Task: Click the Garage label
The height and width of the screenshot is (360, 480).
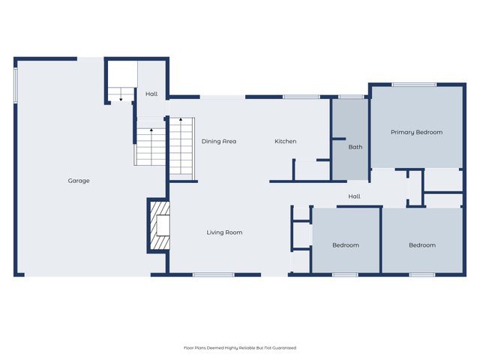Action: tap(79, 181)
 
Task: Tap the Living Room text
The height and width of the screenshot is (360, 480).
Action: tap(224, 232)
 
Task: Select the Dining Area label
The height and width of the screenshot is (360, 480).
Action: tap(219, 141)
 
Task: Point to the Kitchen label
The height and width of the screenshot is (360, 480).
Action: tap(285, 141)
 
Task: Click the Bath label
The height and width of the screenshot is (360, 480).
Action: tap(355, 147)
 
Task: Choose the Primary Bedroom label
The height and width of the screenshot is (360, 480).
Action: tap(416, 132)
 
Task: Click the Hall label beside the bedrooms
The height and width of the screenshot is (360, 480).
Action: tap(354, 196)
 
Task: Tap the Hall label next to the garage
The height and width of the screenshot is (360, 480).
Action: tap(151, 94)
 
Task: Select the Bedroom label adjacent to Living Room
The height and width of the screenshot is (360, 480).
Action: tap(346, 245)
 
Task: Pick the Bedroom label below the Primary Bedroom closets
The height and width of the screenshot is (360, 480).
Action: tap(422, 245)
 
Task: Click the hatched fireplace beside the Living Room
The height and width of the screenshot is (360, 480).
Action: tap(160, 226)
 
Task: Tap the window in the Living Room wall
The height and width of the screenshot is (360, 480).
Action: tap(209, 274)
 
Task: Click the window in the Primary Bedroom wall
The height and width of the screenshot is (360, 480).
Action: tap(414, 85)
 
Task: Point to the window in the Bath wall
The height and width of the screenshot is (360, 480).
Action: tap(350, 97)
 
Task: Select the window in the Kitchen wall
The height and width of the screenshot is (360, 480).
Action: tap(301, 97)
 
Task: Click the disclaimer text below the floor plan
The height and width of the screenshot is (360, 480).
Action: tap(240, 348)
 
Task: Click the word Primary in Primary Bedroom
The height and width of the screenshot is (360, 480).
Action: tap(403, 132)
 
